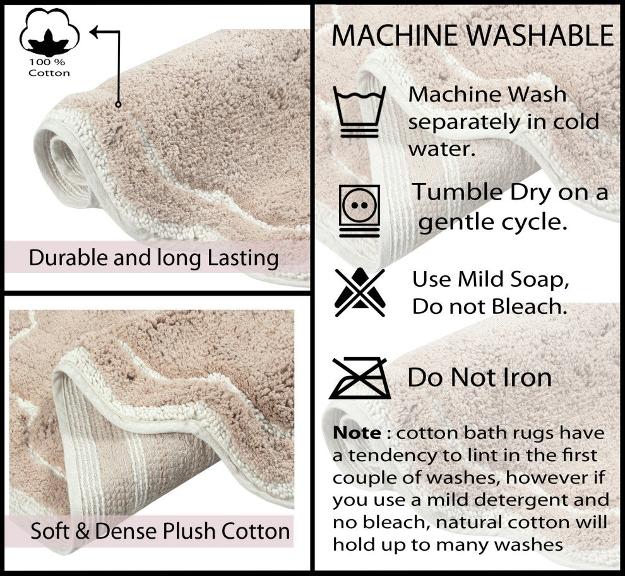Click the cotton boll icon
pos(49,35)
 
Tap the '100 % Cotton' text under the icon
pos(49,68)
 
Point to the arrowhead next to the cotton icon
pos(95,31)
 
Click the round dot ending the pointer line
pos(118,104)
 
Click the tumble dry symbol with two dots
pos(359,210)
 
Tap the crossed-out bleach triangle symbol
pos(359,292)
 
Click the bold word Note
pos(357,433)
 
